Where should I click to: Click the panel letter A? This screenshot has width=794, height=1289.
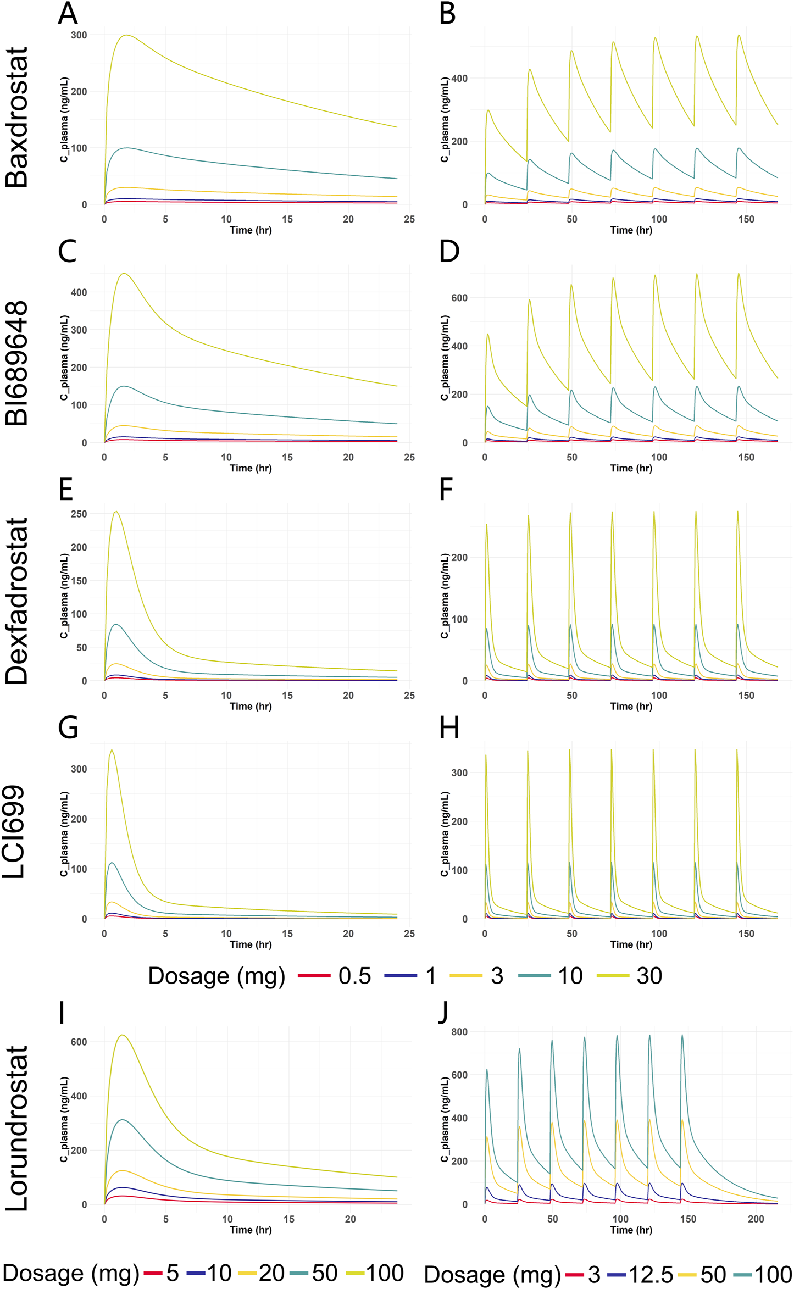tap(68, 14)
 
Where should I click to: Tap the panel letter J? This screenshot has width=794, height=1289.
tap(443, 1013)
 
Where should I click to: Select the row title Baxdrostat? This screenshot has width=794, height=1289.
tap(16, 118)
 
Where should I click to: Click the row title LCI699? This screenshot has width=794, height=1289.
tap(14, 832)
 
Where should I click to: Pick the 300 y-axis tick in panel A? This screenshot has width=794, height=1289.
tap(79, 35)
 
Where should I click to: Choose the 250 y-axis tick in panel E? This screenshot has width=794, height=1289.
tap(79, 514)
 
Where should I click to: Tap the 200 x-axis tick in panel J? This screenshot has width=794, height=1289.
tap(756, 1219)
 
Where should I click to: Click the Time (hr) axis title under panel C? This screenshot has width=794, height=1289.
tap(251, 468)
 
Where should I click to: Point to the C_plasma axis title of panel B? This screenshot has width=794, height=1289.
tap(445, 120)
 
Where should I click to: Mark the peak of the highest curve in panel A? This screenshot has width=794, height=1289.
tap(127, 35)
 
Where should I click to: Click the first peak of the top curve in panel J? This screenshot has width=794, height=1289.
tap(487, 1069)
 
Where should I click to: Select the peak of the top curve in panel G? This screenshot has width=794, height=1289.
tap(112, 749)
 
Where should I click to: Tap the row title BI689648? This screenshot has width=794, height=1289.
tap(16, 363)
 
